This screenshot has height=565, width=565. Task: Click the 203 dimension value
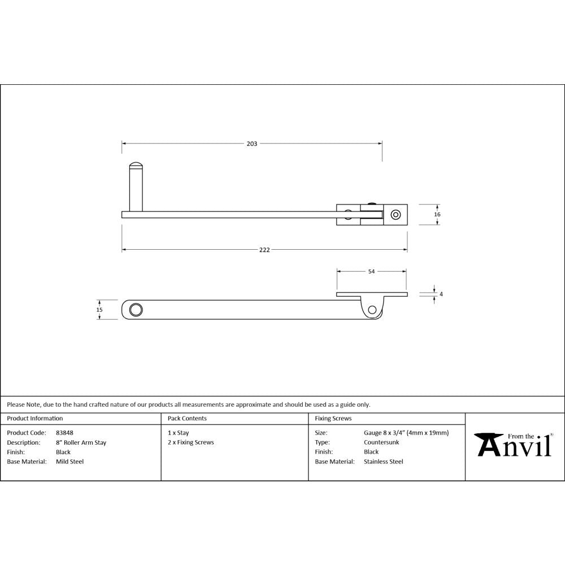(252, 144)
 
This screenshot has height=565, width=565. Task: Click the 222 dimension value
(264, 250)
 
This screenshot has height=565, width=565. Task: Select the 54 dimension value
(371, 272)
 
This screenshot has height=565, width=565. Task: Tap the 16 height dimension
(437, 215)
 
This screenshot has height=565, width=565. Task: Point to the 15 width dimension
(99, 310)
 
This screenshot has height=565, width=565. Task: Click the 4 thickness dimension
(441, 294)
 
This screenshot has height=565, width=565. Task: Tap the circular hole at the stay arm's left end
(136, 310)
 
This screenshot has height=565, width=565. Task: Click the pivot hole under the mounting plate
(372, 309)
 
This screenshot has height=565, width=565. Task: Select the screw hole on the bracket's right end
(395, 215)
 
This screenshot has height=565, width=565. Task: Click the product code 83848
(64, 433)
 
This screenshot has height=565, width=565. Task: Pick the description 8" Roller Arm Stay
(81, 442)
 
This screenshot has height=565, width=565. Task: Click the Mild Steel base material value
(69, 462)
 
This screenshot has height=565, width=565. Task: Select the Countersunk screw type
(381, 442)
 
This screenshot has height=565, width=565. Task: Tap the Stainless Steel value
(384, 462)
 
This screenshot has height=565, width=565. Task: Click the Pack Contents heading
(187, 419)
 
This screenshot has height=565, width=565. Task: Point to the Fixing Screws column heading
(333, 419)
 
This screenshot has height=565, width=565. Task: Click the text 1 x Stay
(179, 433)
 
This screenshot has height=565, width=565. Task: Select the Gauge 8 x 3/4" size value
(406, 433)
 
